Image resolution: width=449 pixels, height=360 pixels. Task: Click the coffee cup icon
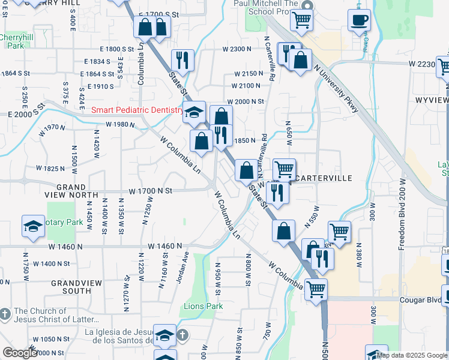coord(359,19)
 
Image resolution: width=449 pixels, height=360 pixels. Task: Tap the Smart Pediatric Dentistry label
coord(137,110)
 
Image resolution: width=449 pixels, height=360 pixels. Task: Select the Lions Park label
coord(202,306)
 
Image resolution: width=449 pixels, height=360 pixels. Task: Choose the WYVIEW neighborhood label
coord(431,100)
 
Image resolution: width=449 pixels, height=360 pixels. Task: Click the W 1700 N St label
coord(150,191)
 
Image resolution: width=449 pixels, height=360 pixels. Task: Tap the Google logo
coord(20,353)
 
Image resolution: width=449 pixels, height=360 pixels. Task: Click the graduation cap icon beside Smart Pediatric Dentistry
coord(194,112)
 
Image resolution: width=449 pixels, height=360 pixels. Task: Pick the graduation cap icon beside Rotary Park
coord(34,226)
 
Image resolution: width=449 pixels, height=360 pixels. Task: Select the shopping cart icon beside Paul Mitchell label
coord(302,20)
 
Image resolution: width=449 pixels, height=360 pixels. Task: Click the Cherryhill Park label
coord(12,41)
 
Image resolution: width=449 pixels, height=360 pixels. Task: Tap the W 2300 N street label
coord(236,49)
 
